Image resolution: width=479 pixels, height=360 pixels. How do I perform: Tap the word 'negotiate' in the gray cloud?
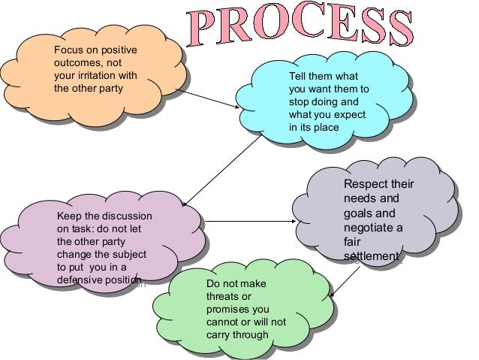pos(368,227)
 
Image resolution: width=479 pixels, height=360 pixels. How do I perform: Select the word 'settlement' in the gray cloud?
pos(371,256)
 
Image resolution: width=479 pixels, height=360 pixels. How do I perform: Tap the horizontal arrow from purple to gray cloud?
pos(248,222)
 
